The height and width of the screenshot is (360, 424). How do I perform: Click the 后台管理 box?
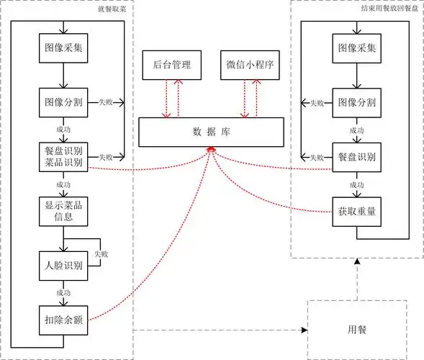coord(172,66)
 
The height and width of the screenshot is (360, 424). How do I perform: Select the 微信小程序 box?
coord(248,66)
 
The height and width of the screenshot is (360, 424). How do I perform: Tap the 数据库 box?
coord(210,131)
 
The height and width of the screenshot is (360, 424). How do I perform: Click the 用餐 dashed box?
coord(356,329)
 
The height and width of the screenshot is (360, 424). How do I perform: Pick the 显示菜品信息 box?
coord(64,212)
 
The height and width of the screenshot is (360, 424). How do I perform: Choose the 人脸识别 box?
coord(64,265)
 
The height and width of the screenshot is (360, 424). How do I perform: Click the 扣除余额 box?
coord(64,319)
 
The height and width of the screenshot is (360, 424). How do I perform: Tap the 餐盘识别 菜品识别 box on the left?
coord(64,156)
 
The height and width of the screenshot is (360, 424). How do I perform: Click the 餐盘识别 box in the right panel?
coord(356,156)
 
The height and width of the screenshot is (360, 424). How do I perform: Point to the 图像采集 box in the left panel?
coord(64,48)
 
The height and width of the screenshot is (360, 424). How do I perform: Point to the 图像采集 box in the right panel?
coord(356,48)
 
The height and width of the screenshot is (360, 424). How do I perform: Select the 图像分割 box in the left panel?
coord(64,102)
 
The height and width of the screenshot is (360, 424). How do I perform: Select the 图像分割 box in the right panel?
coord(356,102)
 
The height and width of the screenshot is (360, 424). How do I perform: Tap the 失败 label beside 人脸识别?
coord(102,254)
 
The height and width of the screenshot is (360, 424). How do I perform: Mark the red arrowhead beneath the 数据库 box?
coord(211,148)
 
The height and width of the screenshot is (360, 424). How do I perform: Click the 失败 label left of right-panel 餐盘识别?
coord(316,157)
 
